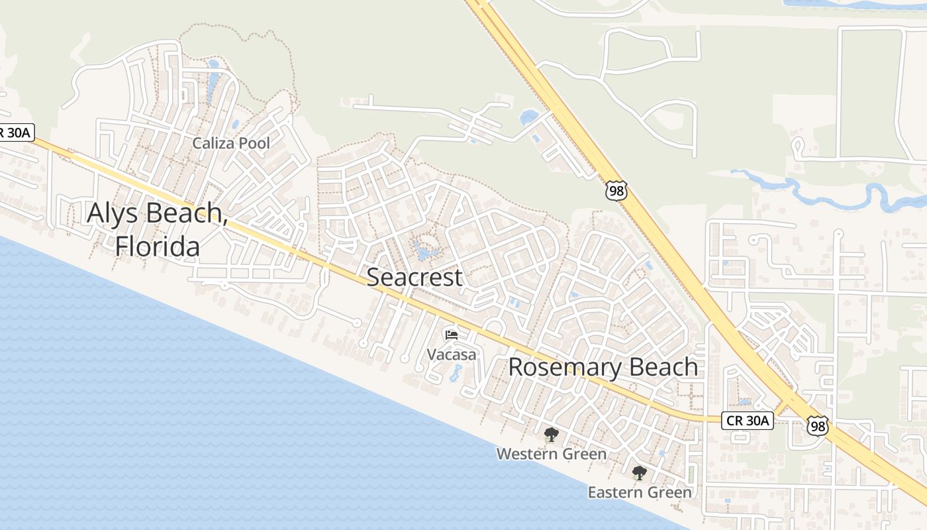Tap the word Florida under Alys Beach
[157, 246]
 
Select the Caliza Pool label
[230, 143]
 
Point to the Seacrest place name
[415, 277]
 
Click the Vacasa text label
[451, 354]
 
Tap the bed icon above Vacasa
[452, 335]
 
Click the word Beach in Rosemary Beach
[663, 367]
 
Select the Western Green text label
[551, 454]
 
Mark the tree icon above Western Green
[550, 435]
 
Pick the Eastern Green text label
[639, 492]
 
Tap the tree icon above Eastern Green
[639, 473]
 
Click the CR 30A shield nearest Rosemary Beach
[747, 420]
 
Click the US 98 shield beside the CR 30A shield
[818, 425]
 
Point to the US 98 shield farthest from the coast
[615, 189]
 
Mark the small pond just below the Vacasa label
[456, 374]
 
